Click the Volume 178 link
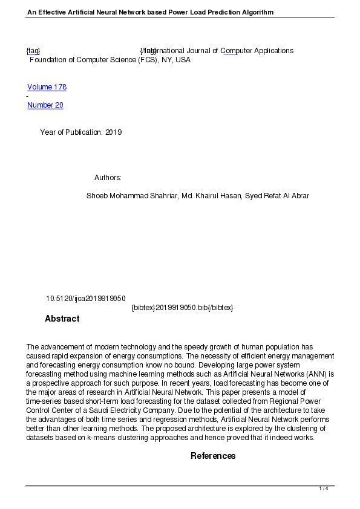[x=47, y=87]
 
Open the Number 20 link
[x=45, y=105]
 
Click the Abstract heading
[x=62, y=319]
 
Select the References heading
[x=213, y=456]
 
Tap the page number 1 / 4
[x=324, y=488]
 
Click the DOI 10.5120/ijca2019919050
[x=86, y=299]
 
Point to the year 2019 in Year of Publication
[x=114, y=132]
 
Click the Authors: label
[x=108, y=178]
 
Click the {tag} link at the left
[x=33, y=51]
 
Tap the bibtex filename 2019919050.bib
[x=182, y=308]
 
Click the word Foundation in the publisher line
[x=48, y=60]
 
